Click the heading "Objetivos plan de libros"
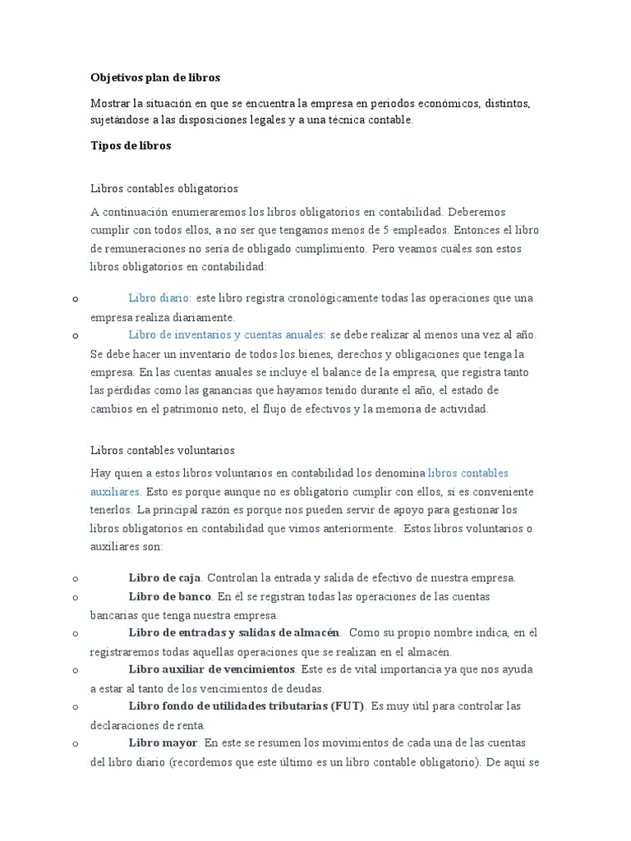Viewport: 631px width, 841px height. pyautogui.click(x=155, y=78)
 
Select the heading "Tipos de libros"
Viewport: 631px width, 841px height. pyautogui.click(x=131, y=145)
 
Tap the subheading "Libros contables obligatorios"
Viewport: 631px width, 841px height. pyautogui.click(x=164, y=188)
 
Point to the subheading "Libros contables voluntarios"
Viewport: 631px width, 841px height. pyautogui.click(x=162, y=451)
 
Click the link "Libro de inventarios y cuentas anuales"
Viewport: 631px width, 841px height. pyautogui.click(x=227, y=335)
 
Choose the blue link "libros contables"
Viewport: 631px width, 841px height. pyautogui.click(x=468, y=473)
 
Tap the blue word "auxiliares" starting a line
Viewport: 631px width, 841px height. pyautogui.click(x=115, y=491)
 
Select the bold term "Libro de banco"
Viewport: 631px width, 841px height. pyautogui.click(x=170, y=596)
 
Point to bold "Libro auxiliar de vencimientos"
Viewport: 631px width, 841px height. pyautogui.click(x=211, y=669)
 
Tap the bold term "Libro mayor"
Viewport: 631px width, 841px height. pyautogui.click(x=163, y=742)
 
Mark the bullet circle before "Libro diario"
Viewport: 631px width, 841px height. pyautogui.click(x=75, y=299)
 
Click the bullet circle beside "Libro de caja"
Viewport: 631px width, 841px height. pyautogui.click(x=75, y=578)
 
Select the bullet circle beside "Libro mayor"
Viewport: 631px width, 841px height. pyautogui.click(x=75, y=743)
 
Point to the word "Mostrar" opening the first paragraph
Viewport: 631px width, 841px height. pyautogui.click(x=111, y=103)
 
